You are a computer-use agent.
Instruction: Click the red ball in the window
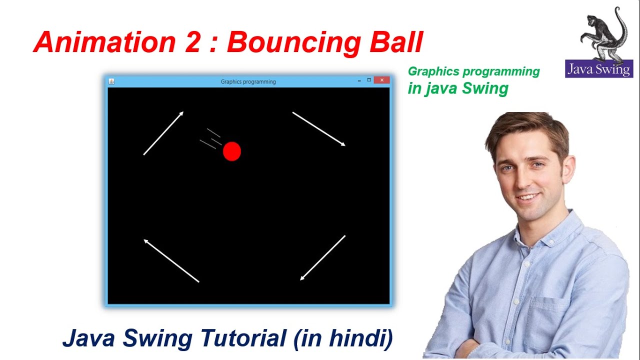[232, 151]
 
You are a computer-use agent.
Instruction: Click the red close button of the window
[381, 80]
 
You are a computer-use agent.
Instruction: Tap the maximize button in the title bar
[369, 80]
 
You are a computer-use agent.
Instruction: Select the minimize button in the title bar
[359, 80]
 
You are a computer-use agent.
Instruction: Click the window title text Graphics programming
[248, 81]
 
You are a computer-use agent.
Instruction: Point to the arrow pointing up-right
[163, 133]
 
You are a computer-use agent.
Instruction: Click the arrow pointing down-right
[319, 129]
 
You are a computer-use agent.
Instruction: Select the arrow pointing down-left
[322, 258]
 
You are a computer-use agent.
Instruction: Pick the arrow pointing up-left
[171, 261]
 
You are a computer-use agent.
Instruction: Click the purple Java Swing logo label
[599, 69]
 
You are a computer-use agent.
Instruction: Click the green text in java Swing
[458, 88]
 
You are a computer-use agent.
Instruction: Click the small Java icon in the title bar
[111, 81]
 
